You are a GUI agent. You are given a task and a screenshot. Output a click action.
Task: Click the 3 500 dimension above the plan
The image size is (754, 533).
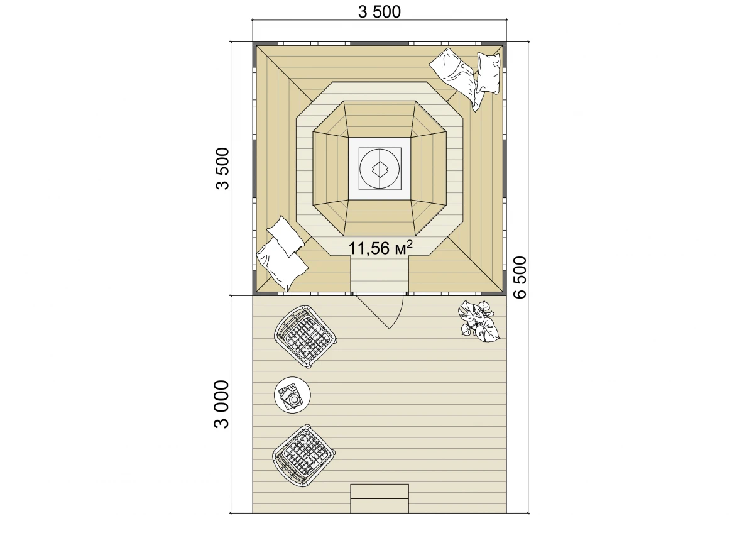380,12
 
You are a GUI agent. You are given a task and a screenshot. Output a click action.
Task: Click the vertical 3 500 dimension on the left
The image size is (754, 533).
222,168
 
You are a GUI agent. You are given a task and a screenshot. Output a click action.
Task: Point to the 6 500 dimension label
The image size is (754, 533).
520,277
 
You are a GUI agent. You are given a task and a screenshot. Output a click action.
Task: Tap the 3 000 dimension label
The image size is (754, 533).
221,404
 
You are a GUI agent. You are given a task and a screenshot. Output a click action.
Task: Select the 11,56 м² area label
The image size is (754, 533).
380,248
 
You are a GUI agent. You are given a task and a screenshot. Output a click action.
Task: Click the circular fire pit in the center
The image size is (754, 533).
380,168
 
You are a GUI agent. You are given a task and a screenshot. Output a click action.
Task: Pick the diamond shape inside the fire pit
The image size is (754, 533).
380,169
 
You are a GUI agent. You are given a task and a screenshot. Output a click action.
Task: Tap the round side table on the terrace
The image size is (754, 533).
292,395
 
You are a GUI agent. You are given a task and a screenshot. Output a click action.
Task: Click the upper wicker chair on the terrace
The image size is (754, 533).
305,336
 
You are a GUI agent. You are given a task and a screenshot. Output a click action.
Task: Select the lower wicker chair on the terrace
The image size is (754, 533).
303,455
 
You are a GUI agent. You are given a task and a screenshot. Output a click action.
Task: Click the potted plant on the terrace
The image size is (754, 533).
478,322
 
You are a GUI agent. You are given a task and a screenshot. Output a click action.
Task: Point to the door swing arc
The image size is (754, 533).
400,314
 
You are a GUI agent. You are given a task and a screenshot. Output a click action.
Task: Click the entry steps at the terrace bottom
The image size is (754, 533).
380,498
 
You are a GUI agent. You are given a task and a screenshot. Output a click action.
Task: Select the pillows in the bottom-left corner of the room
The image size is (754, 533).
282,253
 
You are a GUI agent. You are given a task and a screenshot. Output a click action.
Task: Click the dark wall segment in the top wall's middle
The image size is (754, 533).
380,44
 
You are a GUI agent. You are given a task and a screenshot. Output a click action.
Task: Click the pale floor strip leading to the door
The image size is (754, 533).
380,273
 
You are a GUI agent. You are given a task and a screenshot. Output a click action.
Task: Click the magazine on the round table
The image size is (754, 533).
288,394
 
